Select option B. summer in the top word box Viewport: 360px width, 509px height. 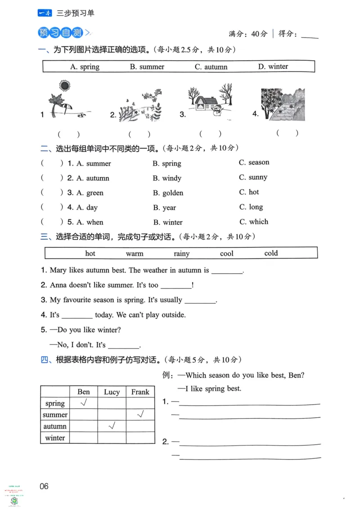point(147,67)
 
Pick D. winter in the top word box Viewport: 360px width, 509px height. point(273,67)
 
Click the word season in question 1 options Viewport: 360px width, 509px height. point(259,162)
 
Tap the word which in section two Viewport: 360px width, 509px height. point(258,222)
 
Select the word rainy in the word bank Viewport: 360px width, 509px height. point(181,254)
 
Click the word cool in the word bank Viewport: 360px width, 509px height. point(227,254)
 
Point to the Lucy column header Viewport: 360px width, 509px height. point(112,392)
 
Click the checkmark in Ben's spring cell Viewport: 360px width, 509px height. point(84,403)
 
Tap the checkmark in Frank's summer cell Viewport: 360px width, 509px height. point(140,414)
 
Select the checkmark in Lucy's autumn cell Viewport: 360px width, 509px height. point(112,425)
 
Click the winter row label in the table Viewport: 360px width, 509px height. point(55,438)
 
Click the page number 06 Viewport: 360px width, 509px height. point(44,486)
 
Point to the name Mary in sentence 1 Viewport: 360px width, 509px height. point(58,270)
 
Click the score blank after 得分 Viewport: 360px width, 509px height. point(309,35)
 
